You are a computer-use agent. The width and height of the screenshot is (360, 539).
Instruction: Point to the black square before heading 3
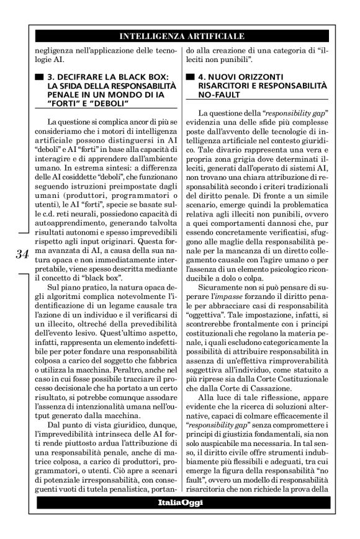pos(40,77)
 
